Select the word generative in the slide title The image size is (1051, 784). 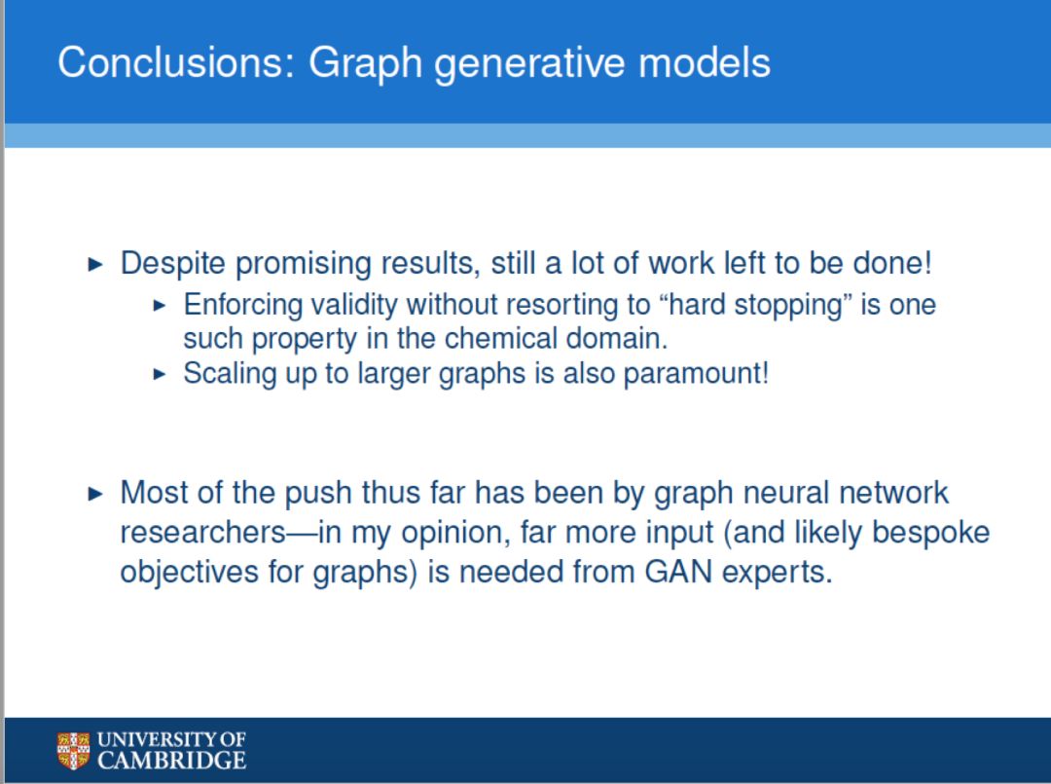click(x=530, y=64)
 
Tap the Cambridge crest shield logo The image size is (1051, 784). click(x=73, y=751)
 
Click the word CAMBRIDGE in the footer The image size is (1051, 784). click(x=171, y=761)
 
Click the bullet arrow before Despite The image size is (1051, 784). click(x=95, y=264)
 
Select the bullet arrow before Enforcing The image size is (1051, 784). click(x=160, y=306)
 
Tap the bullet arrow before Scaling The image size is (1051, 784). click(x=160, y=374)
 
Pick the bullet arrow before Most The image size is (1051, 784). click(x=95, y=495)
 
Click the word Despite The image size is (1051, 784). click(x=173, y=264)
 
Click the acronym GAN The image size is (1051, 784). click(x=678, y=572)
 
